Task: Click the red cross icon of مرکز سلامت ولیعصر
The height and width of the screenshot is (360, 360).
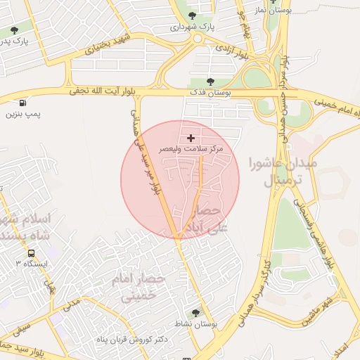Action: coord(191,138)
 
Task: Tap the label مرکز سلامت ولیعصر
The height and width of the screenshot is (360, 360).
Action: coord(191,150)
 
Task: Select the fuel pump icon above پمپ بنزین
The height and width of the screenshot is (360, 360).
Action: coord(24,102)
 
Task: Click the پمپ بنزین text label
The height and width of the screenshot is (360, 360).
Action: coord(24,113)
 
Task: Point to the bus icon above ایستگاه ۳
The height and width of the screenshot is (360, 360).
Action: coord(31,253)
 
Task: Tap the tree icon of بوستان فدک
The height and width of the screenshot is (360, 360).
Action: coord(212,82)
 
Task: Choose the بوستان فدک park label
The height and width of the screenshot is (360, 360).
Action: coord(212,93)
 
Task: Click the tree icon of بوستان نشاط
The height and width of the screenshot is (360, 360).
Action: coord(195,313)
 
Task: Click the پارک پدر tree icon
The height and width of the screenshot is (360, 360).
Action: coord(15,30)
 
